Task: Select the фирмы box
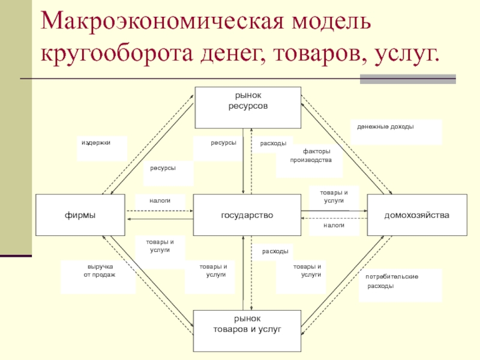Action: [81, 215]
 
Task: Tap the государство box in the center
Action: [247, 215]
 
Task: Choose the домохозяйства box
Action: [416, 215]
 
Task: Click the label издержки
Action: [96, 143]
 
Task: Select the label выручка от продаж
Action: [99, 270]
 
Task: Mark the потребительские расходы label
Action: [391, 281]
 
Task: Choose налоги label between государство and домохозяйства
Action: [333, 225]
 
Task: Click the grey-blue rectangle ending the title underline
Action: [407, 79]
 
